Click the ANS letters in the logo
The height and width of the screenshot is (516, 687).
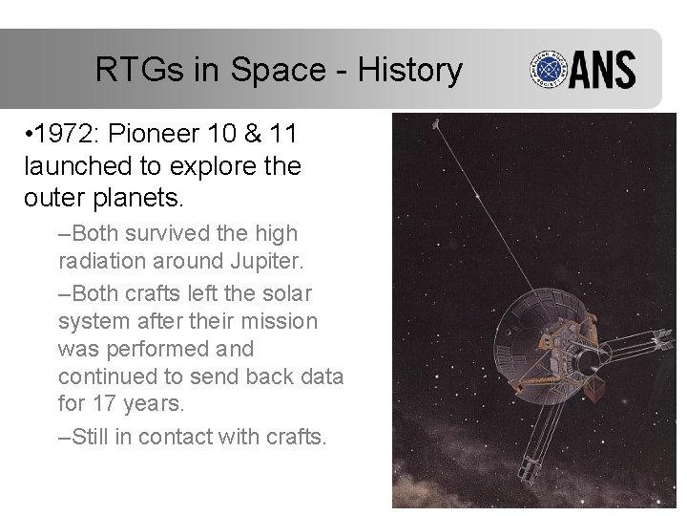605,71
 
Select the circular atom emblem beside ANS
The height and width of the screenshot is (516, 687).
552,71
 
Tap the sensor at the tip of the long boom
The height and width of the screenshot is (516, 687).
435,124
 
